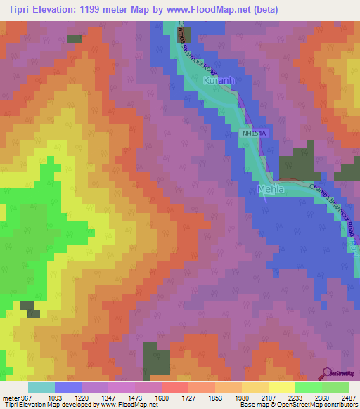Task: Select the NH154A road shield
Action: pyautogui.click(x=255, y=133)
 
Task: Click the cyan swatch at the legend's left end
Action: pyautogui.click(x=41, y=387)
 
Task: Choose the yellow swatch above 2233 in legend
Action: pyautogui.click(x=281, y=387)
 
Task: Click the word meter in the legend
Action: pyautogui.click(x=11, y=396)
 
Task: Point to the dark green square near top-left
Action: pyautogui.click(x=74, y=40)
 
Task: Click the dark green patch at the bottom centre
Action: pyautogui.click(x=156, y=359)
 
